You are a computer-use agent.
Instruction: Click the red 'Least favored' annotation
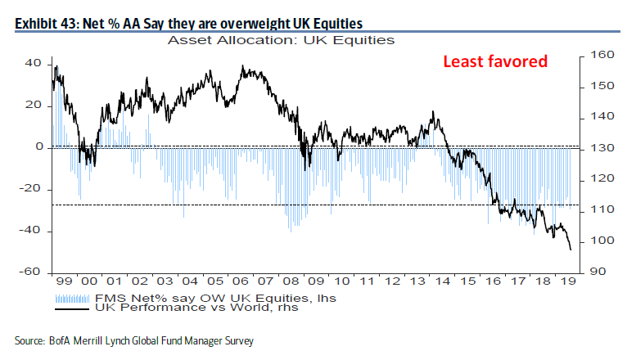point(495,61)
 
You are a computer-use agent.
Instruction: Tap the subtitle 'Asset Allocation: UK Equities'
point(281,39)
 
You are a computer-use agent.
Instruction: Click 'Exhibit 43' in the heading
point(48,22)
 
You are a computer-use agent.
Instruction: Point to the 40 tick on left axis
point(34,64)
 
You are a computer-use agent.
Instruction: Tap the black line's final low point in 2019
point(571,250)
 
